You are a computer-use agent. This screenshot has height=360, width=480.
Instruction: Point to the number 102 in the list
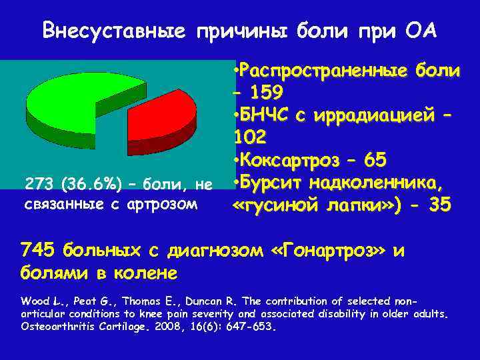click(x=251, y=137)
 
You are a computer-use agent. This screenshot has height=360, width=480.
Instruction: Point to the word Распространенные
click(x=321, y=69)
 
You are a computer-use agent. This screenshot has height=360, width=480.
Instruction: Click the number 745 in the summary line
click(x=38, y=251)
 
